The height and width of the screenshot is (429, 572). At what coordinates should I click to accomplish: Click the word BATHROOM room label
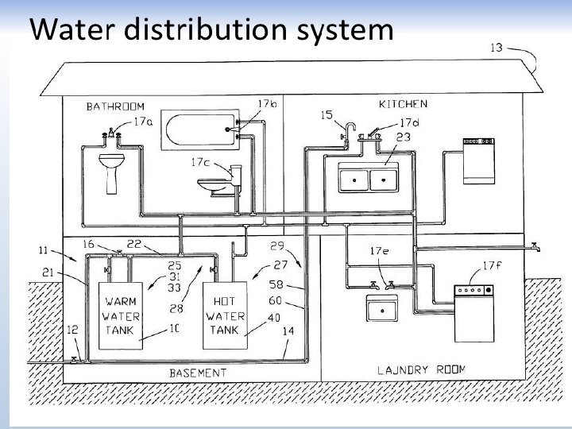[x=116, y=106]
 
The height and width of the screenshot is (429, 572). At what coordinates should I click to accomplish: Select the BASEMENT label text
[x=198, y=373]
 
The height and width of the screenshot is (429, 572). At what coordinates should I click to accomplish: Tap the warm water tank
[x=121, y=315]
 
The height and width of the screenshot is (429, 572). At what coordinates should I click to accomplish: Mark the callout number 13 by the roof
[x=496, y=48]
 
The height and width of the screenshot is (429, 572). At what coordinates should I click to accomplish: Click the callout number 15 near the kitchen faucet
[x=327, y=115]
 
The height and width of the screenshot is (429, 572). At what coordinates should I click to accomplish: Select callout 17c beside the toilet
[x=199, y=162]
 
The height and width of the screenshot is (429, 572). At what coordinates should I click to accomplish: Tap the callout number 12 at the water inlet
[x=72, y=330]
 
